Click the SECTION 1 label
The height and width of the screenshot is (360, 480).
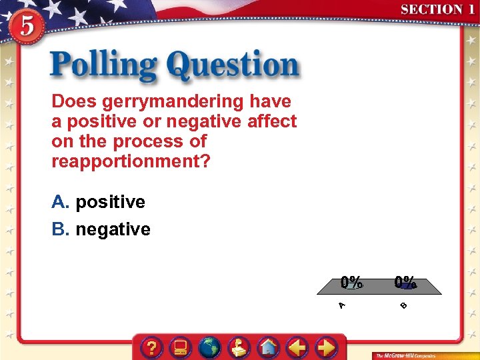point(437,10)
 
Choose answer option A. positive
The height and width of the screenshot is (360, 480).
point(99,202)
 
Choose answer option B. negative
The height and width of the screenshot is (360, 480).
point(101,230)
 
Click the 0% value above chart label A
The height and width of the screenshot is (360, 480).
point(352,283)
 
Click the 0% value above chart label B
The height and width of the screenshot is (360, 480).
point(405,283)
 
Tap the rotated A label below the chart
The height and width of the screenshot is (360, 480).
point(341,305)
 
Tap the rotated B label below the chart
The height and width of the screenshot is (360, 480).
point(403,305)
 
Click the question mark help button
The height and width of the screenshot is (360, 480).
point(153,347)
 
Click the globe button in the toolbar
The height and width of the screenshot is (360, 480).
point(210,347)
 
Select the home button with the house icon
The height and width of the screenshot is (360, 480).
point(268,347)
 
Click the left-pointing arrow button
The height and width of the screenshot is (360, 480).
point(297,347)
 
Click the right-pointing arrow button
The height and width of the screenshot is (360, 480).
point(326,347)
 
